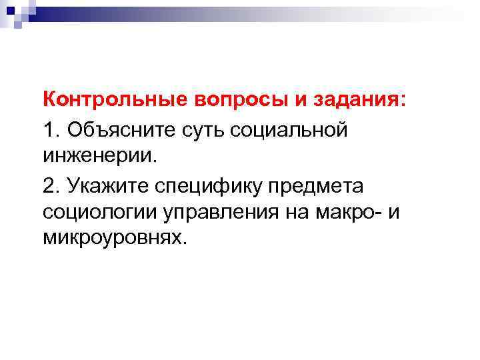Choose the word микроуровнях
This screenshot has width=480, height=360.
(x=111, y=238)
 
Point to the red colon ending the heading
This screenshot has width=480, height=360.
(x=401, y=102)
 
